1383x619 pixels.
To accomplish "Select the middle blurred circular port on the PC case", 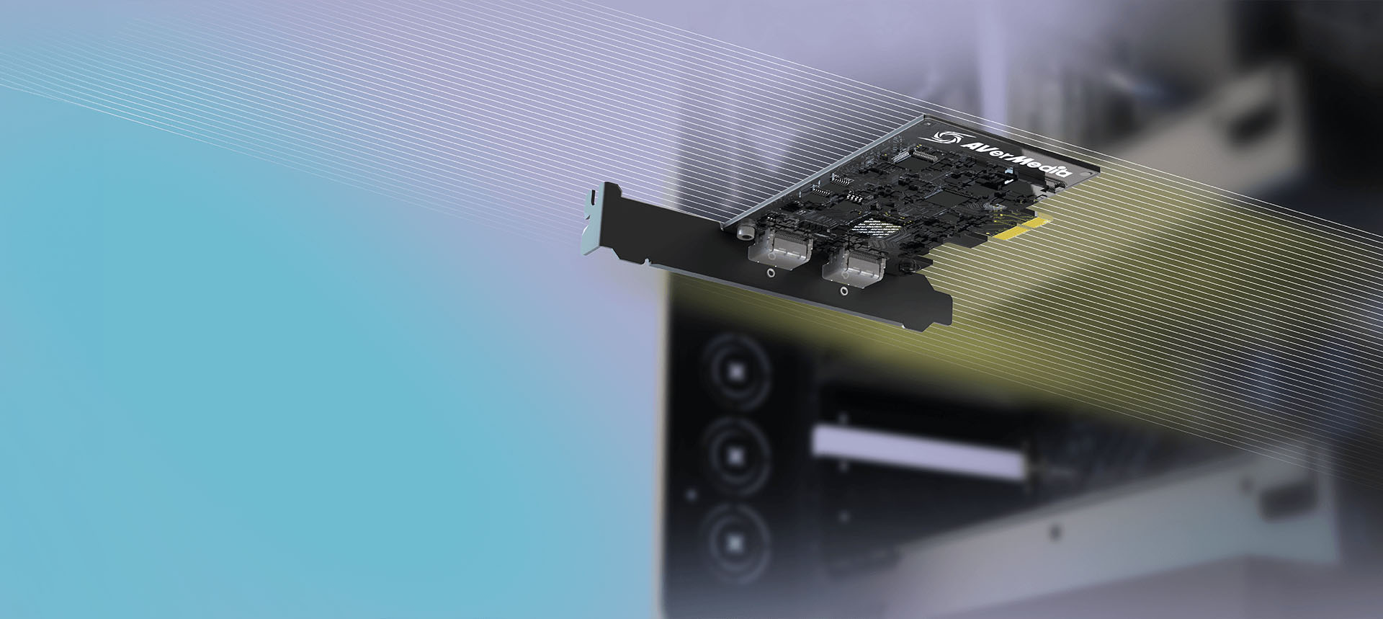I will point(735,454).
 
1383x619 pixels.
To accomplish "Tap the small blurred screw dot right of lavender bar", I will point(1056,531).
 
